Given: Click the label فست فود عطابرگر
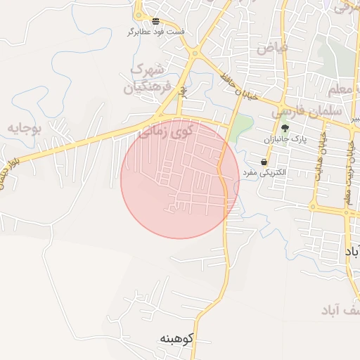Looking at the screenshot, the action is (x=156, y=32).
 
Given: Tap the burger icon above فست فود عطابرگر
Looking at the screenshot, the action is (x=155, y=20).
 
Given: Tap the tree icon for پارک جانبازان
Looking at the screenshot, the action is (x=285, y=128).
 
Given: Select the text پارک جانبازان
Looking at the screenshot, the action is (x=287, y=139).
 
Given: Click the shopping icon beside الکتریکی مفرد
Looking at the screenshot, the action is (x=264, y=162).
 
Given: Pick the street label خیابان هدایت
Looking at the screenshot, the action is (x=321, y=156).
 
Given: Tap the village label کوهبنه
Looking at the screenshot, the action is (x=176, y=338).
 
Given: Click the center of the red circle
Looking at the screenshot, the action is (x=180, y=179).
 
